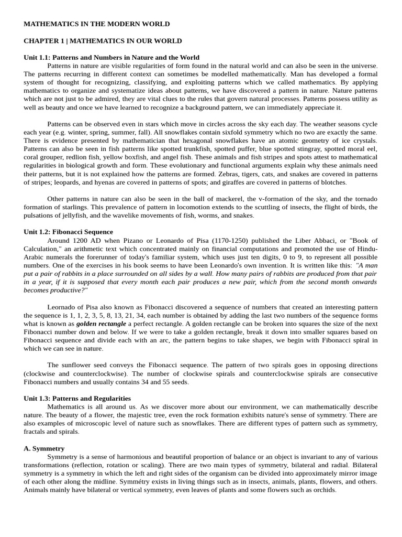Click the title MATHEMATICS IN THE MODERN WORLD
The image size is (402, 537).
tap(97, 24)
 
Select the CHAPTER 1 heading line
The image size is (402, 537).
tap(103, 41)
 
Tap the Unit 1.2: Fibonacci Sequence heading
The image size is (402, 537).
tap(68, 232)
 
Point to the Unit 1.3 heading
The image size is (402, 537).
tap(77, 399)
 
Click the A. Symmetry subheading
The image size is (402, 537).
tap(44, 449)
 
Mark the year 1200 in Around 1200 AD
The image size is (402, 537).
tap(79, 240)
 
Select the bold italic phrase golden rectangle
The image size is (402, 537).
tap(101, 324)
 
